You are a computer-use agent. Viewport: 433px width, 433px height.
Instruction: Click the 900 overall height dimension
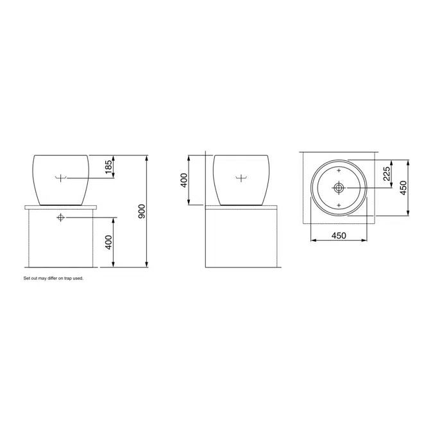click(x=141, y=211)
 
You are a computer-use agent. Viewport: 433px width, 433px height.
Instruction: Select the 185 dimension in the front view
click(x=109, y=167)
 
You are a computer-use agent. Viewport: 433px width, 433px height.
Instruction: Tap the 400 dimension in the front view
click(x=109, y=242)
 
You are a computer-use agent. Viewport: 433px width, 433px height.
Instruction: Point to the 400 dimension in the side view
click(x=184, y=180)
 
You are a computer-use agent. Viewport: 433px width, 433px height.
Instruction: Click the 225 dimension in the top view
click(x=387, y=174)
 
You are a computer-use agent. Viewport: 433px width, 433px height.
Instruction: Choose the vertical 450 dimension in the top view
click(x=403, y=188)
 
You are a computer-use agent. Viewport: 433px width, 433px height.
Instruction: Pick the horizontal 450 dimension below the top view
click(x=339, y=235)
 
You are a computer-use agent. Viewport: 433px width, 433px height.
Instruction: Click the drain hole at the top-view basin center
click(x=339, y=188)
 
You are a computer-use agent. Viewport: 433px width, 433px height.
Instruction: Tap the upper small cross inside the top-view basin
click(x=339, y=171)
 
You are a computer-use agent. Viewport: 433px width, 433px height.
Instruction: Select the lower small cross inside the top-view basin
click(x=339, y=205)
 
